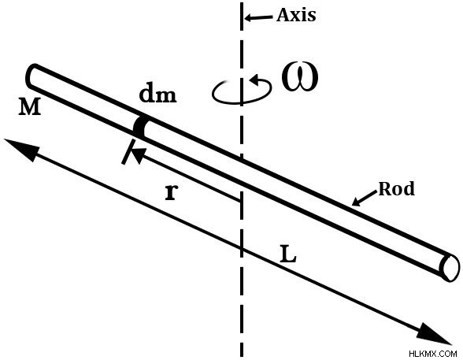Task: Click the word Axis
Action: (296, 15)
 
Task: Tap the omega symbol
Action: (300, 77)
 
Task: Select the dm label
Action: (157, 95)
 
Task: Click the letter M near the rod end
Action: (30, 106)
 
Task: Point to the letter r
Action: (172, 192)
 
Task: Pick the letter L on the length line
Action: (288, 254)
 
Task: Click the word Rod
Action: (397, 189)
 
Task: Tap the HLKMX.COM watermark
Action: (433, 353)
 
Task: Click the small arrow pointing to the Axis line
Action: (258, 17)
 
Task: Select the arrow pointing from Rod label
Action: (365, 199)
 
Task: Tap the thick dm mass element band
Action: (139, 128)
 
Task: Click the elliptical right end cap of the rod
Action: (450, 268)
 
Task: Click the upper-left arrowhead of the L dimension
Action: (20, 149)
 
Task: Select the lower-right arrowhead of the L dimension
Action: (435, 335)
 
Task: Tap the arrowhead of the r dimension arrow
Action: (139, 154)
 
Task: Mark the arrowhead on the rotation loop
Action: (256, 80)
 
